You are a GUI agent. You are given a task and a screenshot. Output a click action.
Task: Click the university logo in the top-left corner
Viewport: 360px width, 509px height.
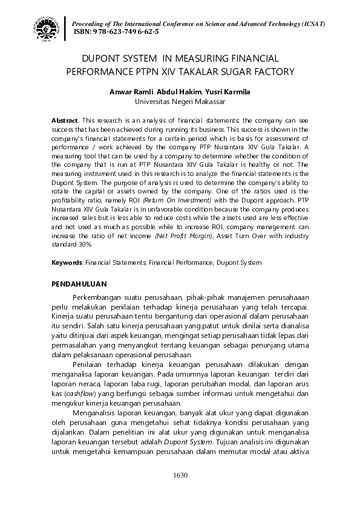click(x=47, y=27)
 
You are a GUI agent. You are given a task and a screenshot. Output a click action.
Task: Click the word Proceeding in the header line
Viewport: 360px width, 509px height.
click(x=88, y=23)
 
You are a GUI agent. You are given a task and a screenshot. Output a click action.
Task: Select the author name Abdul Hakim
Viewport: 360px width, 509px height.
click(x=174, y=92)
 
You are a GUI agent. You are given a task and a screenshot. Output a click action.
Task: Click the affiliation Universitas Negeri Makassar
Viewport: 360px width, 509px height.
click(x=180, y=101)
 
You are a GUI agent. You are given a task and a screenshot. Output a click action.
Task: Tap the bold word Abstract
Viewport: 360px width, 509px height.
click(x=65, y=122)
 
